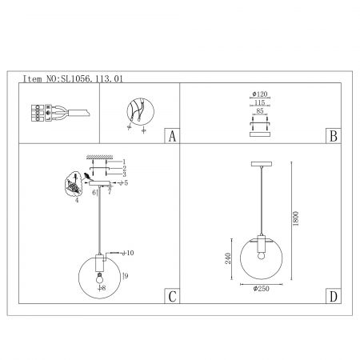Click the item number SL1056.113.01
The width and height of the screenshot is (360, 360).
coord(92,78)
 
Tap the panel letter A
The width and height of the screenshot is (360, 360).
coord(172,136)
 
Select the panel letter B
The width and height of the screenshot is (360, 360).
coord(334,136)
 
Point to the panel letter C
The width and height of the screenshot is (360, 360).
coord(172,296)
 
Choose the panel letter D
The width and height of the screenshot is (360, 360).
coord(334,296)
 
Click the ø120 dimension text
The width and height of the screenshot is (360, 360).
coord(260,94)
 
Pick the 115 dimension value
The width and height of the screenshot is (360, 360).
coord(259,102)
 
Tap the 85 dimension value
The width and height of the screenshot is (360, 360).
coord(260,110)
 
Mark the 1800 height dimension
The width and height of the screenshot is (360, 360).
coord(295,218)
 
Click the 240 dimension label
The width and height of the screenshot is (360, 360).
coord(228,258)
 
